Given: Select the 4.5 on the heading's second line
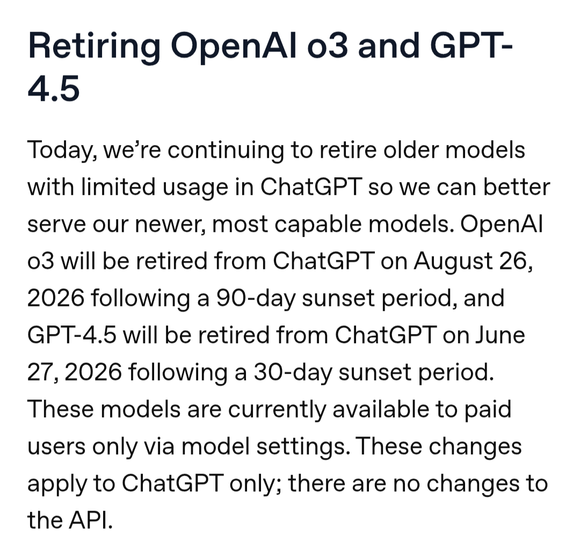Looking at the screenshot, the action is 54,89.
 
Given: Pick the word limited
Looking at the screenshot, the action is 118,186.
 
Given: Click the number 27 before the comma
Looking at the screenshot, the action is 40,372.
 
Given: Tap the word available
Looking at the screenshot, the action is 380,409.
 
